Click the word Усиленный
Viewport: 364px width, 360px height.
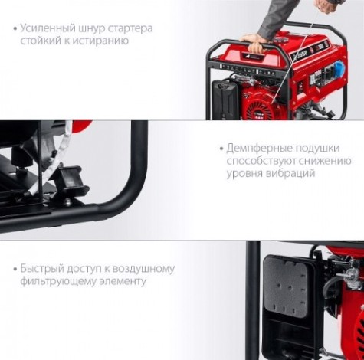pos(48,28)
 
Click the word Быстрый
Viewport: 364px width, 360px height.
pos(42,269)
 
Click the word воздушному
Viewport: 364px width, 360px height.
pos(143,269)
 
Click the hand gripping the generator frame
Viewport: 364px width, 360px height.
pos(254,41)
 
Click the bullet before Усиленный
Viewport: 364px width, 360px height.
pos(15,28)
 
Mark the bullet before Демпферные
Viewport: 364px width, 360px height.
pos(221,149)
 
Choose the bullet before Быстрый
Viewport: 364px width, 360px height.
pos(15,269)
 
